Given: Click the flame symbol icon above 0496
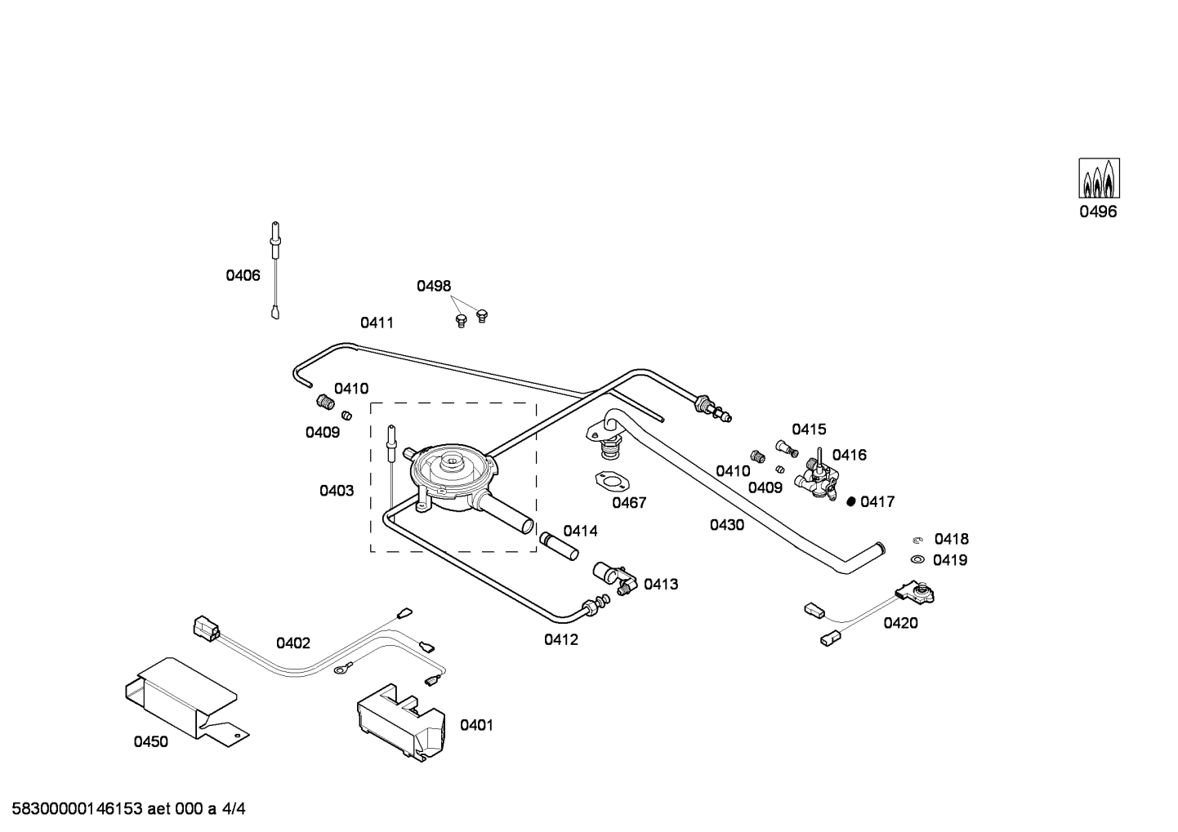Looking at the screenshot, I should [x=1099, y=178].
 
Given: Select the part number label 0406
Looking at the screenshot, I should [x=243, y=276].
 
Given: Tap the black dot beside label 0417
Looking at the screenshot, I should [x=850, y=501].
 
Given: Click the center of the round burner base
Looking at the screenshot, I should [x=450, y=469].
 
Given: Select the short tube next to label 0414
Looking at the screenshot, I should [x=559, y=545].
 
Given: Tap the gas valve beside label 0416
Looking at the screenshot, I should [x=819, y=478].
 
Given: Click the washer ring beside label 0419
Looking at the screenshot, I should [x=917, y=559].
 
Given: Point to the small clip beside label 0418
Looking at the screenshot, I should [x=917, y=539].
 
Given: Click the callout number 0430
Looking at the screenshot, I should [x=726, y=525].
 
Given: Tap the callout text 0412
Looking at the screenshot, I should [x=561, y=639].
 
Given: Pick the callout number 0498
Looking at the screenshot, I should [x=434, y=286].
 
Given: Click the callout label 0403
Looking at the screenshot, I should [x=337, y=491].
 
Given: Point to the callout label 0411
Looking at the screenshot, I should [x=377, y=323].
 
